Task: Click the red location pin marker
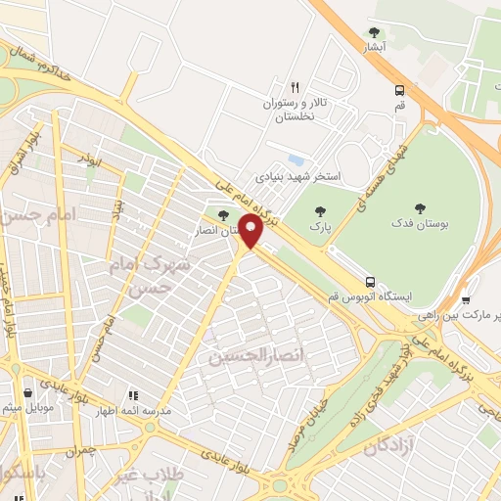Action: point(251,232)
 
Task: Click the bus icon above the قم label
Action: point(398,90)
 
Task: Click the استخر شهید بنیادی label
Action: point(297,178)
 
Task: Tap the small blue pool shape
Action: point(296,159)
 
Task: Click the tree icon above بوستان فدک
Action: point(421,206)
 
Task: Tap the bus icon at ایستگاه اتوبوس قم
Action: point(369,281)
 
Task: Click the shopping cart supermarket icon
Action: point(467,301)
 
